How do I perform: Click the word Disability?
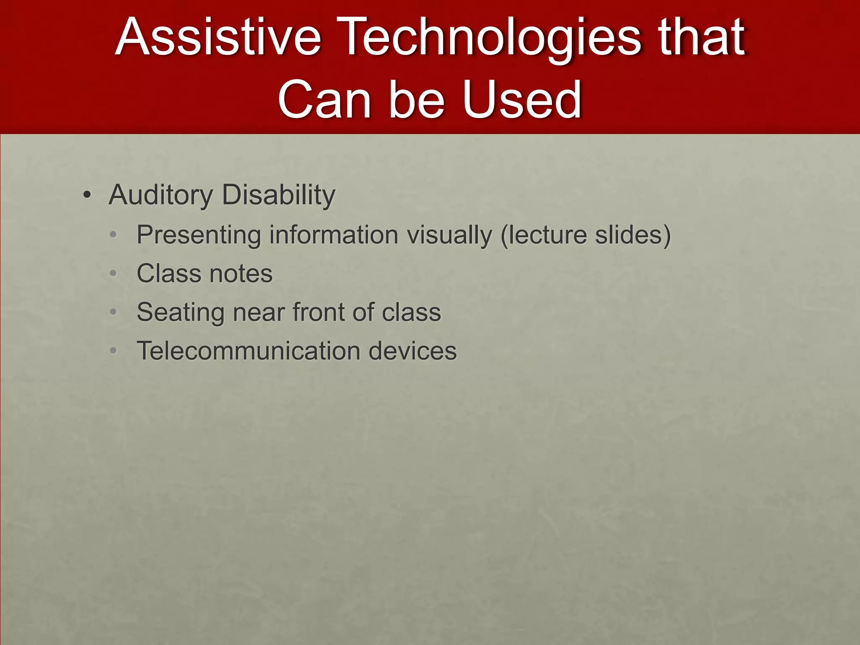pos(278,195)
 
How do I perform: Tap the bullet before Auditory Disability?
pos(87,196)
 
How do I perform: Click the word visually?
pos(450,235)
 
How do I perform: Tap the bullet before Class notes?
pos(113,274)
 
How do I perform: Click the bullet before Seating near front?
pos(113,312)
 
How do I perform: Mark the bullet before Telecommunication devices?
pos(113,351)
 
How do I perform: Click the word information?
pos(333,235)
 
